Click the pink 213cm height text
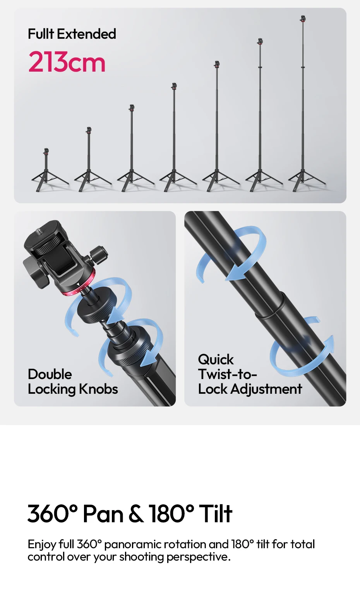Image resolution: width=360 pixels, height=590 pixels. (x=67, y=62)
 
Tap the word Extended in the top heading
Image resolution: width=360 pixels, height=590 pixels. (x=87, y=34)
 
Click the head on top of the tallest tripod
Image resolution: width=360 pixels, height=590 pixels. (x=303, y=19)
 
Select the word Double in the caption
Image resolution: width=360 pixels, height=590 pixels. (x=50, y=374)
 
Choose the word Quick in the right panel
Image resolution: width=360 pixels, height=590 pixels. (x=216, y=360)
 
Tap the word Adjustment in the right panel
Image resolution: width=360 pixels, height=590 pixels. (x=266, y=389)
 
